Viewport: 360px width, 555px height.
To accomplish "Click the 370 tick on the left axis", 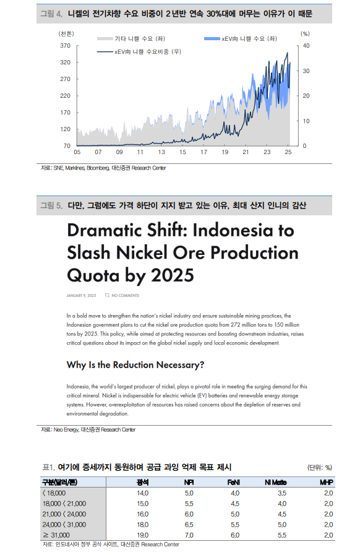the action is tap(65, 46).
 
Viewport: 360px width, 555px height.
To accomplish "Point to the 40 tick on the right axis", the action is tap(306, 46).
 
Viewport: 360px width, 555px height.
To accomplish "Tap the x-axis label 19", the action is tap(225, 152).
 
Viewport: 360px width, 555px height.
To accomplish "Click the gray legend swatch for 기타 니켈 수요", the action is tap(105, 38).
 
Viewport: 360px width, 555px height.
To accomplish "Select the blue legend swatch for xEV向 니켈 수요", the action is tap(212, 38).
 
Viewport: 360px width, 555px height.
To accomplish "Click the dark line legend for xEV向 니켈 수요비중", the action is tap(105, 52).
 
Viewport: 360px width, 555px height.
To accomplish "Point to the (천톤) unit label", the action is tap(66, 33).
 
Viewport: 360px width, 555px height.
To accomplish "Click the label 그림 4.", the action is tap(51, 14).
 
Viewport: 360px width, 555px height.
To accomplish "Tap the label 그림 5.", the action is tap(51, 205).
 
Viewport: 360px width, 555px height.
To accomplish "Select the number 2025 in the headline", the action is tap(173, 275).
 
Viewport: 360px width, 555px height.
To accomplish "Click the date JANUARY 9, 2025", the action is tap(81, 295).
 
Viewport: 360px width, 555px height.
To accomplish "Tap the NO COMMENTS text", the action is tap(126, 295).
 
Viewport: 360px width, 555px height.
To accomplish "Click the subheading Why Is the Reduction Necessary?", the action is tap(135, 365).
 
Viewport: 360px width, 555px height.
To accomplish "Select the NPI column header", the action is tap(189, 482).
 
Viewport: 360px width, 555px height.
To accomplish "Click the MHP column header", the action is tap(326, 482).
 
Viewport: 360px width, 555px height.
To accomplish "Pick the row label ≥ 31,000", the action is tap(56, 535).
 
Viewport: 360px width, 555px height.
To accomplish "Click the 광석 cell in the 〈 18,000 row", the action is tap(143, 493).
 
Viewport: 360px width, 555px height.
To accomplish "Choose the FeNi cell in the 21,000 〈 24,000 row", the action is tap(235, 514).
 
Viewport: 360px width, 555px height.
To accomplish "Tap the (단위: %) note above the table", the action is tap(320, 468).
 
